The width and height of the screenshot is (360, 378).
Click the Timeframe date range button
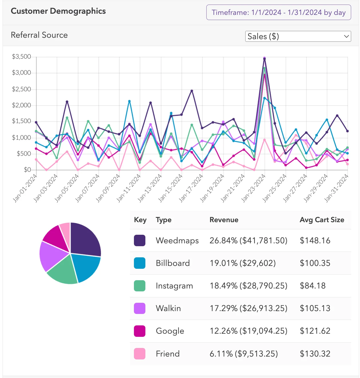pos(278,13)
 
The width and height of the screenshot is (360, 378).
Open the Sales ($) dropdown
pos(298,36)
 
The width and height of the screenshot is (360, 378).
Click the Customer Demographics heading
pos(58,11)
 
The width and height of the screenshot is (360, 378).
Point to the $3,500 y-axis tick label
pos(21,57)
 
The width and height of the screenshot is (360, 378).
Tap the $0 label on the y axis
pos(27,170)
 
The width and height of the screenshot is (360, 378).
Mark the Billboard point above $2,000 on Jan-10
pos(129,101)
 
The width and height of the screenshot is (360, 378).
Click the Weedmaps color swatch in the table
pos(140,240)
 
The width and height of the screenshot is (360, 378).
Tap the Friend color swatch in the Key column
pos(140,354)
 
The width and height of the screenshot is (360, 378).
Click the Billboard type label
pos(173,263)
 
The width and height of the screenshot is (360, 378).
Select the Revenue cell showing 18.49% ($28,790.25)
pos(248,286)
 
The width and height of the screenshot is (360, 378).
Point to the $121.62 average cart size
pos(315,331)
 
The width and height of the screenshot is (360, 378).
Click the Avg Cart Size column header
pos(322,220)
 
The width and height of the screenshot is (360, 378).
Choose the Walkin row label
pos(168,308)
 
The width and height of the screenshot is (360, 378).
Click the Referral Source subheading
pos(39,35)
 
